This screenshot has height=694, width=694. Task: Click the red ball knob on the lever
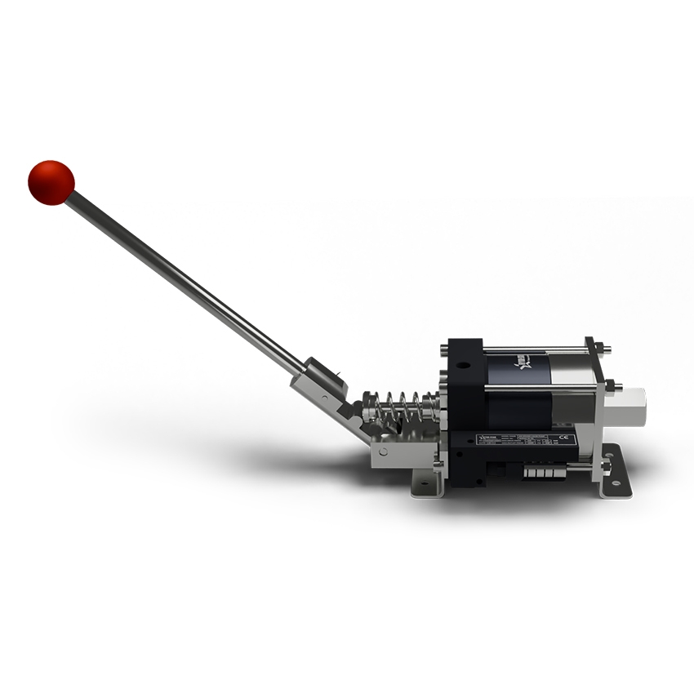click(x=51, y=182)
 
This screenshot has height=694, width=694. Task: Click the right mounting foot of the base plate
click(x=616, y=483)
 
